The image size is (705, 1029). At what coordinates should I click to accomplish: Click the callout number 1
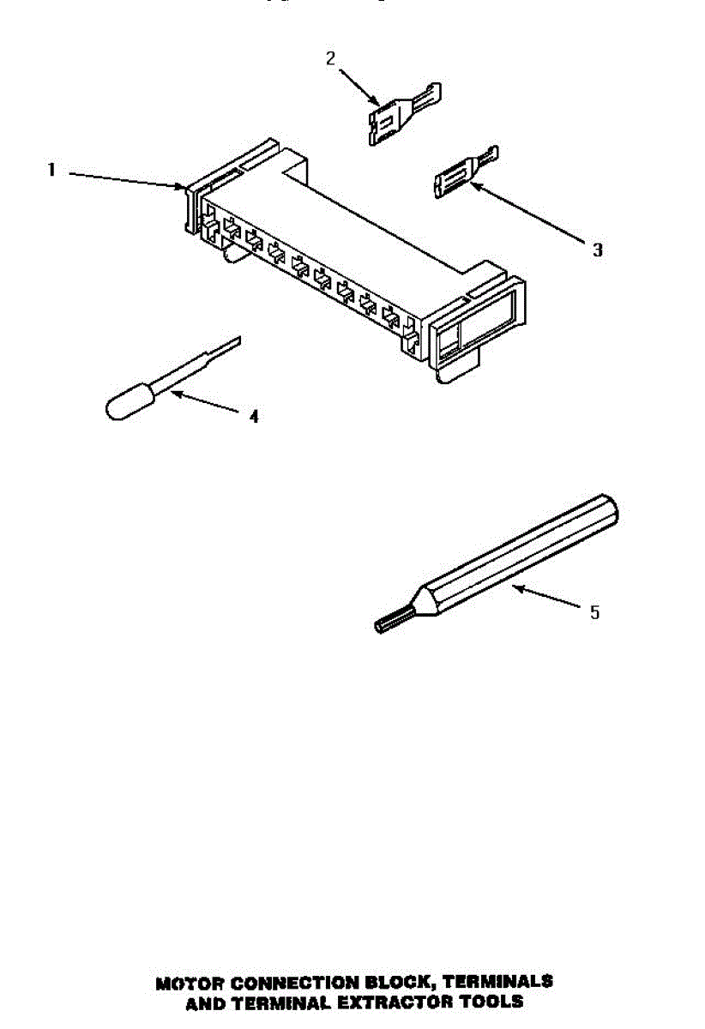pos(51,171)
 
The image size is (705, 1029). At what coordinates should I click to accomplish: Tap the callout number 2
pos(330,58)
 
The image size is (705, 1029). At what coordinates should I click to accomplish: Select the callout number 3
pos(597,250)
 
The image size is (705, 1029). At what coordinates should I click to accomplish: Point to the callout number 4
pos(254,417)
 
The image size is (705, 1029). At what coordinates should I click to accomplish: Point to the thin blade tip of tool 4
pos(226,347)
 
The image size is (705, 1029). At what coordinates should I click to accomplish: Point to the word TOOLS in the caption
pos(494,1001)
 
